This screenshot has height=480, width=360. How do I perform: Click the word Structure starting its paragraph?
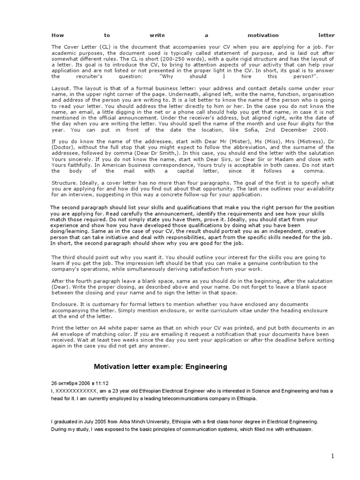coord(64,183)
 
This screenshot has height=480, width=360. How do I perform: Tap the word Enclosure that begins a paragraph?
coord(65,304)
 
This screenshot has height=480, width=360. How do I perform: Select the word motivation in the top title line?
coord(263,35)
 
